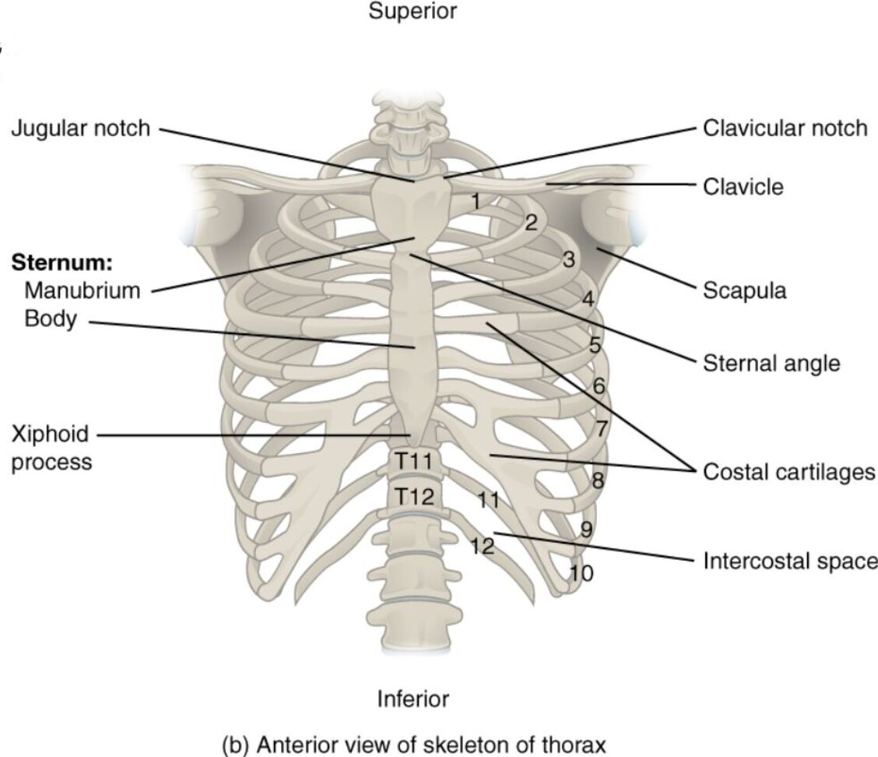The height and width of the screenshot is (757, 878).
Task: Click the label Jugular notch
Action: [80, 129]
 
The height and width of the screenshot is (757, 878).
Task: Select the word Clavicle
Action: [743, 187]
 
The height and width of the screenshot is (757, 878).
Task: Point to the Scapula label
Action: [745, 290]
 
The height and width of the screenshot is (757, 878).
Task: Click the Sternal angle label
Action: [771, 363]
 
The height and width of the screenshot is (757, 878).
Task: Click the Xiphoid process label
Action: [51, 447]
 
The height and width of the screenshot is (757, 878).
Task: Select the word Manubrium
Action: [83, 290]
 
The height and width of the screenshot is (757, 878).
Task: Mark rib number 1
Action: [476, 201]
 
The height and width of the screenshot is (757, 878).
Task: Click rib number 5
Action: [595, 345]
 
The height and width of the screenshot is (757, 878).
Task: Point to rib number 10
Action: [581, 574]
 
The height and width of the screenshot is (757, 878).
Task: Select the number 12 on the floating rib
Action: [482, 546]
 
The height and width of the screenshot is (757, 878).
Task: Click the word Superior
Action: [413, 12]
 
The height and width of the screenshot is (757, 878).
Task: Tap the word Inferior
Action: [413, 699]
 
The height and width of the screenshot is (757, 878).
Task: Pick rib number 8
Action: [598, 480]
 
